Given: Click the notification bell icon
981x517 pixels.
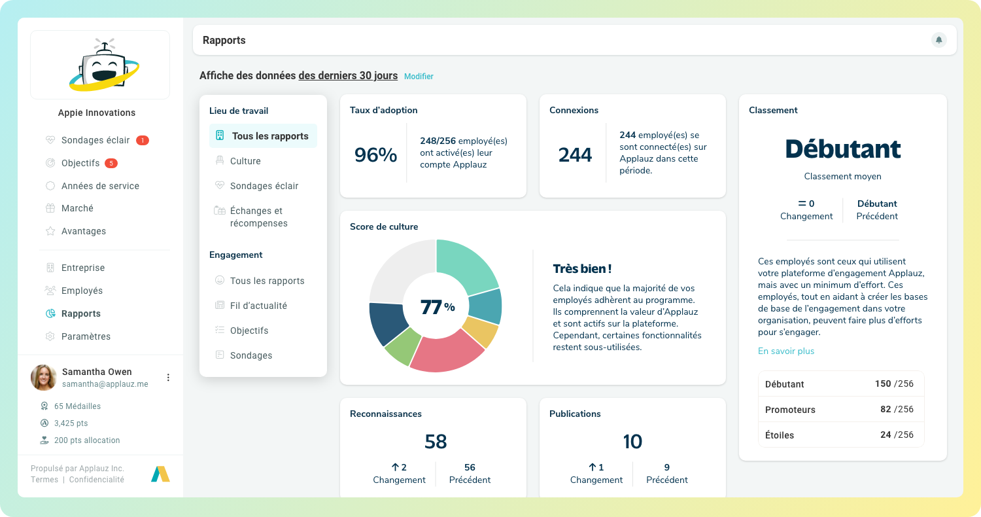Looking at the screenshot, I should tap(938, 40).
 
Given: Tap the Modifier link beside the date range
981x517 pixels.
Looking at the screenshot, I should tap(419, 77).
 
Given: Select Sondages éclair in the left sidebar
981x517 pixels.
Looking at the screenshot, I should tap(95, 140).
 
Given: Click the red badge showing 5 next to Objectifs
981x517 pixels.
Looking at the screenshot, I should tap(111, 163).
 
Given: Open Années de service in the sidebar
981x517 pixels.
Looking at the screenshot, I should tap(99, 186).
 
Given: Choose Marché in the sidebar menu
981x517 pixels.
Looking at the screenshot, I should tap(77, 208).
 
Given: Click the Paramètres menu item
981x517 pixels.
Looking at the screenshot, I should tap(86, 336).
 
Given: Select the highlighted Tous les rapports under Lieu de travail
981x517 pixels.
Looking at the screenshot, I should tap(269, 136).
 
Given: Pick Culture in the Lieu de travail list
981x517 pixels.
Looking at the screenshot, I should tap(245, 161).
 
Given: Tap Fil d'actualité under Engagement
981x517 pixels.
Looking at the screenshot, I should tap(258, 306).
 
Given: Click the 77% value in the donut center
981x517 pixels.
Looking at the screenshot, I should tap(437, 306).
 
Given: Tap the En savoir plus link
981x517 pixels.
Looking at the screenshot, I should tap(785, 351).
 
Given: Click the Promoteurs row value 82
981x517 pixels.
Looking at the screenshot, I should tap(886, 409).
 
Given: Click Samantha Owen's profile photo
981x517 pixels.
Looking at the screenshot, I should tap(44, 378).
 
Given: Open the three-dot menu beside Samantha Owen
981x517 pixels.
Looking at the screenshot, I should tap(168, 378).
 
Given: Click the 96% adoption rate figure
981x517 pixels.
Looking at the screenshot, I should tap(375, 155).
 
